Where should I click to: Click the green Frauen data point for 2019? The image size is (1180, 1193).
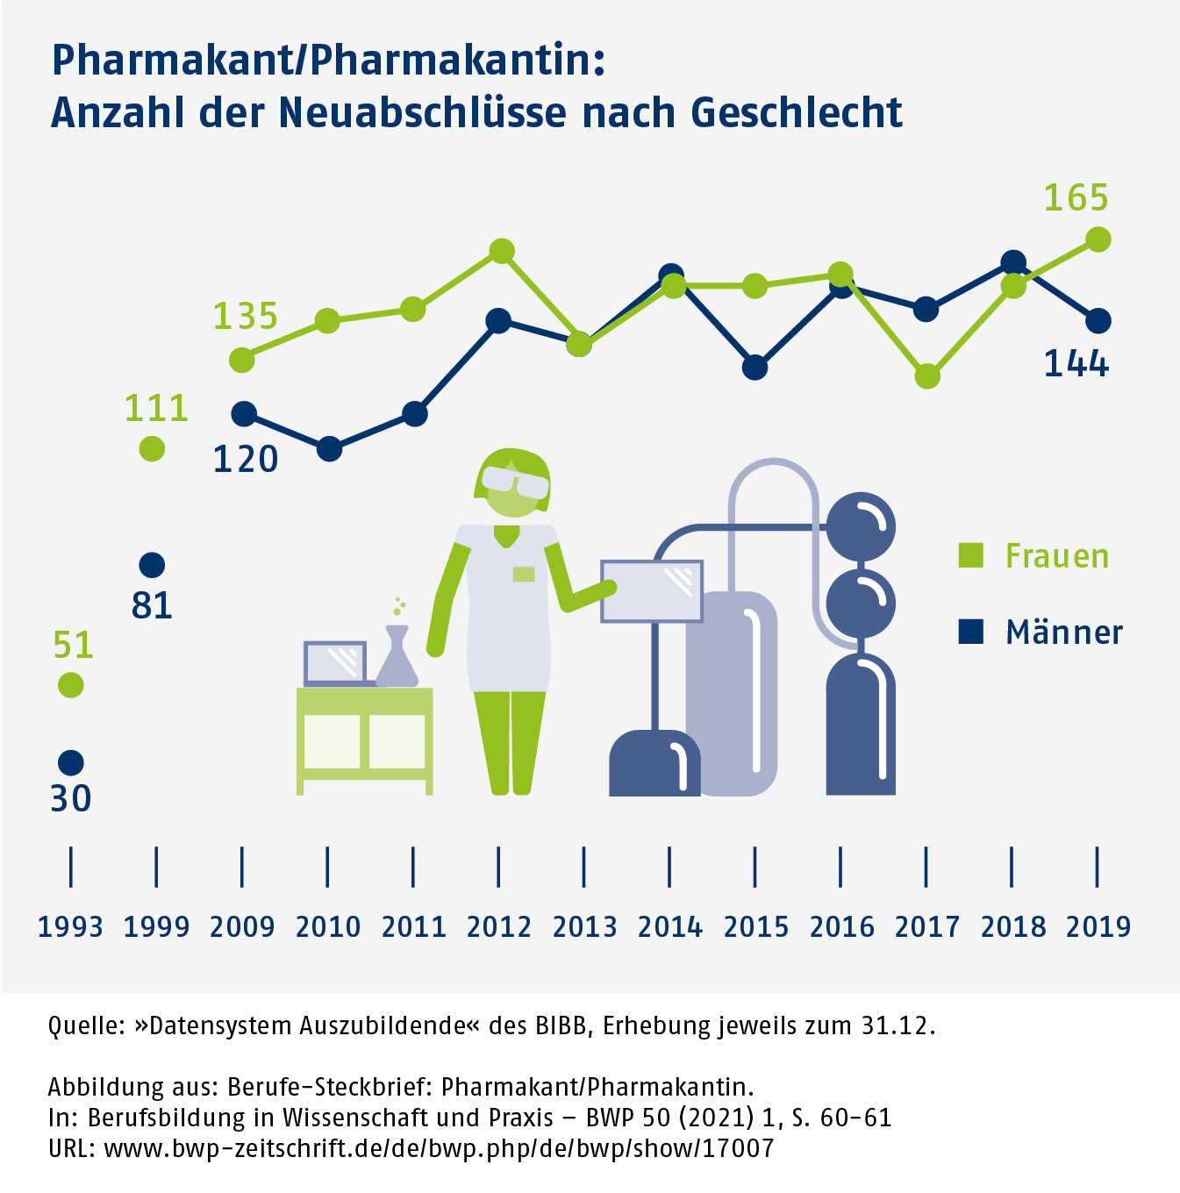[1098, 239]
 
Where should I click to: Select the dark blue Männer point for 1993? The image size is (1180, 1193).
[70, 761]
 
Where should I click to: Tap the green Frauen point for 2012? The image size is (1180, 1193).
[501, 252]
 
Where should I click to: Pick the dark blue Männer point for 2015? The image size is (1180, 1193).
[754, 368]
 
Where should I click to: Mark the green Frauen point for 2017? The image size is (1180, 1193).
[927, 376]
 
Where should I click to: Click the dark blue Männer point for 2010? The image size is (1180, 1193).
[329, 449]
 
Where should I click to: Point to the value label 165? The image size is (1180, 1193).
[1076, 198]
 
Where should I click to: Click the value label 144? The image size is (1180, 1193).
[1076, 363]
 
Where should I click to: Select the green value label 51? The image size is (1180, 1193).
[73, 645]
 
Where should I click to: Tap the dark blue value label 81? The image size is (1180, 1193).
[152, 605]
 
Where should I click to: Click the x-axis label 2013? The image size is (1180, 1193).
[584, 926]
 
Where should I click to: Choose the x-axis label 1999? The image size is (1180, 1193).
[156, 926]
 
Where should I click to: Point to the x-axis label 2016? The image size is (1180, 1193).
[841, 926]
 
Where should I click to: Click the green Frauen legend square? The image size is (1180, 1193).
[970, 555]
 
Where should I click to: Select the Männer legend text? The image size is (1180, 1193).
[1063, 632]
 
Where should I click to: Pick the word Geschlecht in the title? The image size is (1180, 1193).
[797, 112]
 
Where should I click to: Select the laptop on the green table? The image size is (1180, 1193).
[335, 663]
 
